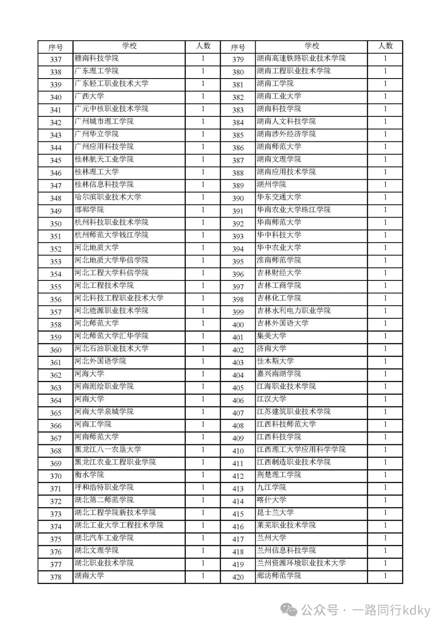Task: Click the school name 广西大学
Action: pyautogui.click(x=89, y=96)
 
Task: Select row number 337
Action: pyautogui.click(x=55, y=59)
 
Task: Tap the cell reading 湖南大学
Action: pyautogui.click(x=89, y=575)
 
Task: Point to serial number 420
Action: pyautogui.click(x=238, y=577)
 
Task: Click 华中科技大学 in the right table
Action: pyautogui.click(x=279, y=235)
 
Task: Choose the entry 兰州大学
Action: pyautogui.click(x=272, y=538)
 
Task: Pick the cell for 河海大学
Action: pyautogui.click(x=89, y=374)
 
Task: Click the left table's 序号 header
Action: pyautogui.click(x=55, y=47)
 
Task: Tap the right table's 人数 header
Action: pyautogui.click(x=385, y=46)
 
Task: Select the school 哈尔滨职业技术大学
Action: pyautogui.click(x=108, y=197)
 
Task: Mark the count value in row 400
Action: pyautogui.click(x=385, y=324)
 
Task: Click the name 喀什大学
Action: pyautogui.click(x=272, y=500)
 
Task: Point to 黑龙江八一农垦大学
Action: pyautogui.click(x=108, y=450)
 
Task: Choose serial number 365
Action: pyautogui.click(x=55, y=413)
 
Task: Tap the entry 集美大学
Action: pyautogui.click(x=272, y=336)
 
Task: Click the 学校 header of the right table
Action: pyautogui.click(x=312, y=46)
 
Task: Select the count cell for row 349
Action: pyautogui.click(x=203, y=210)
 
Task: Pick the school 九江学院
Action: pyautogui.click(x=272, y=487)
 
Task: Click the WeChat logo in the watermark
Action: pyautogui.click(x=290, y=610)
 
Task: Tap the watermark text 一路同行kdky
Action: pyautogui.click(x=391, y=610)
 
